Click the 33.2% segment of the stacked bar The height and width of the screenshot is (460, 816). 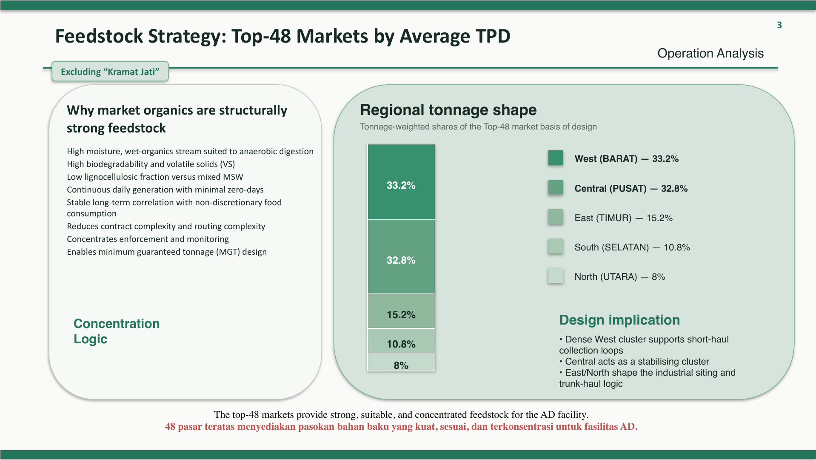[401, 182]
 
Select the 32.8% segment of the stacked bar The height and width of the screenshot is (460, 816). [401, 257]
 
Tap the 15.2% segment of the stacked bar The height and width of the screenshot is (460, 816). [401, 311]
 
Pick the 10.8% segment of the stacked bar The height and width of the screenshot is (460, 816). [401, 341]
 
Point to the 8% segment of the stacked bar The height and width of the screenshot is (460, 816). [401, 363]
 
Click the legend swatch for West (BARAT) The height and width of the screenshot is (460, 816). [555, 158]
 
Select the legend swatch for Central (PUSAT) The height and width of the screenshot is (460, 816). [555, 187]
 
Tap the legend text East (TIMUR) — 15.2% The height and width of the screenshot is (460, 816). [623, 218]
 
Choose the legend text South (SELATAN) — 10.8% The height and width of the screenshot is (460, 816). [632, 247]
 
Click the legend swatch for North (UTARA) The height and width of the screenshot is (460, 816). [555, 276]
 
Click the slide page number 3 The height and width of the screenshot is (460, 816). [779, 25]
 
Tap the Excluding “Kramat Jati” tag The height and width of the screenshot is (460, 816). [110, 72]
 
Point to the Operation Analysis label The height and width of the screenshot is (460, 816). [710, 53]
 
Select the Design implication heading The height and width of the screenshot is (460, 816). [619, 320]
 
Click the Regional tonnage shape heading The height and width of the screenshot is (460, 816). [448, 110]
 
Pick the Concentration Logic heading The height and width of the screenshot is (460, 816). [116, 331]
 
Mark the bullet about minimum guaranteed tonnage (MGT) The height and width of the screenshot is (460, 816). [167, 252]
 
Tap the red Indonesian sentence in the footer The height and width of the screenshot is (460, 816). [401, 427]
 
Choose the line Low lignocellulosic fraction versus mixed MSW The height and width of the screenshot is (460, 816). [155, 177]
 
